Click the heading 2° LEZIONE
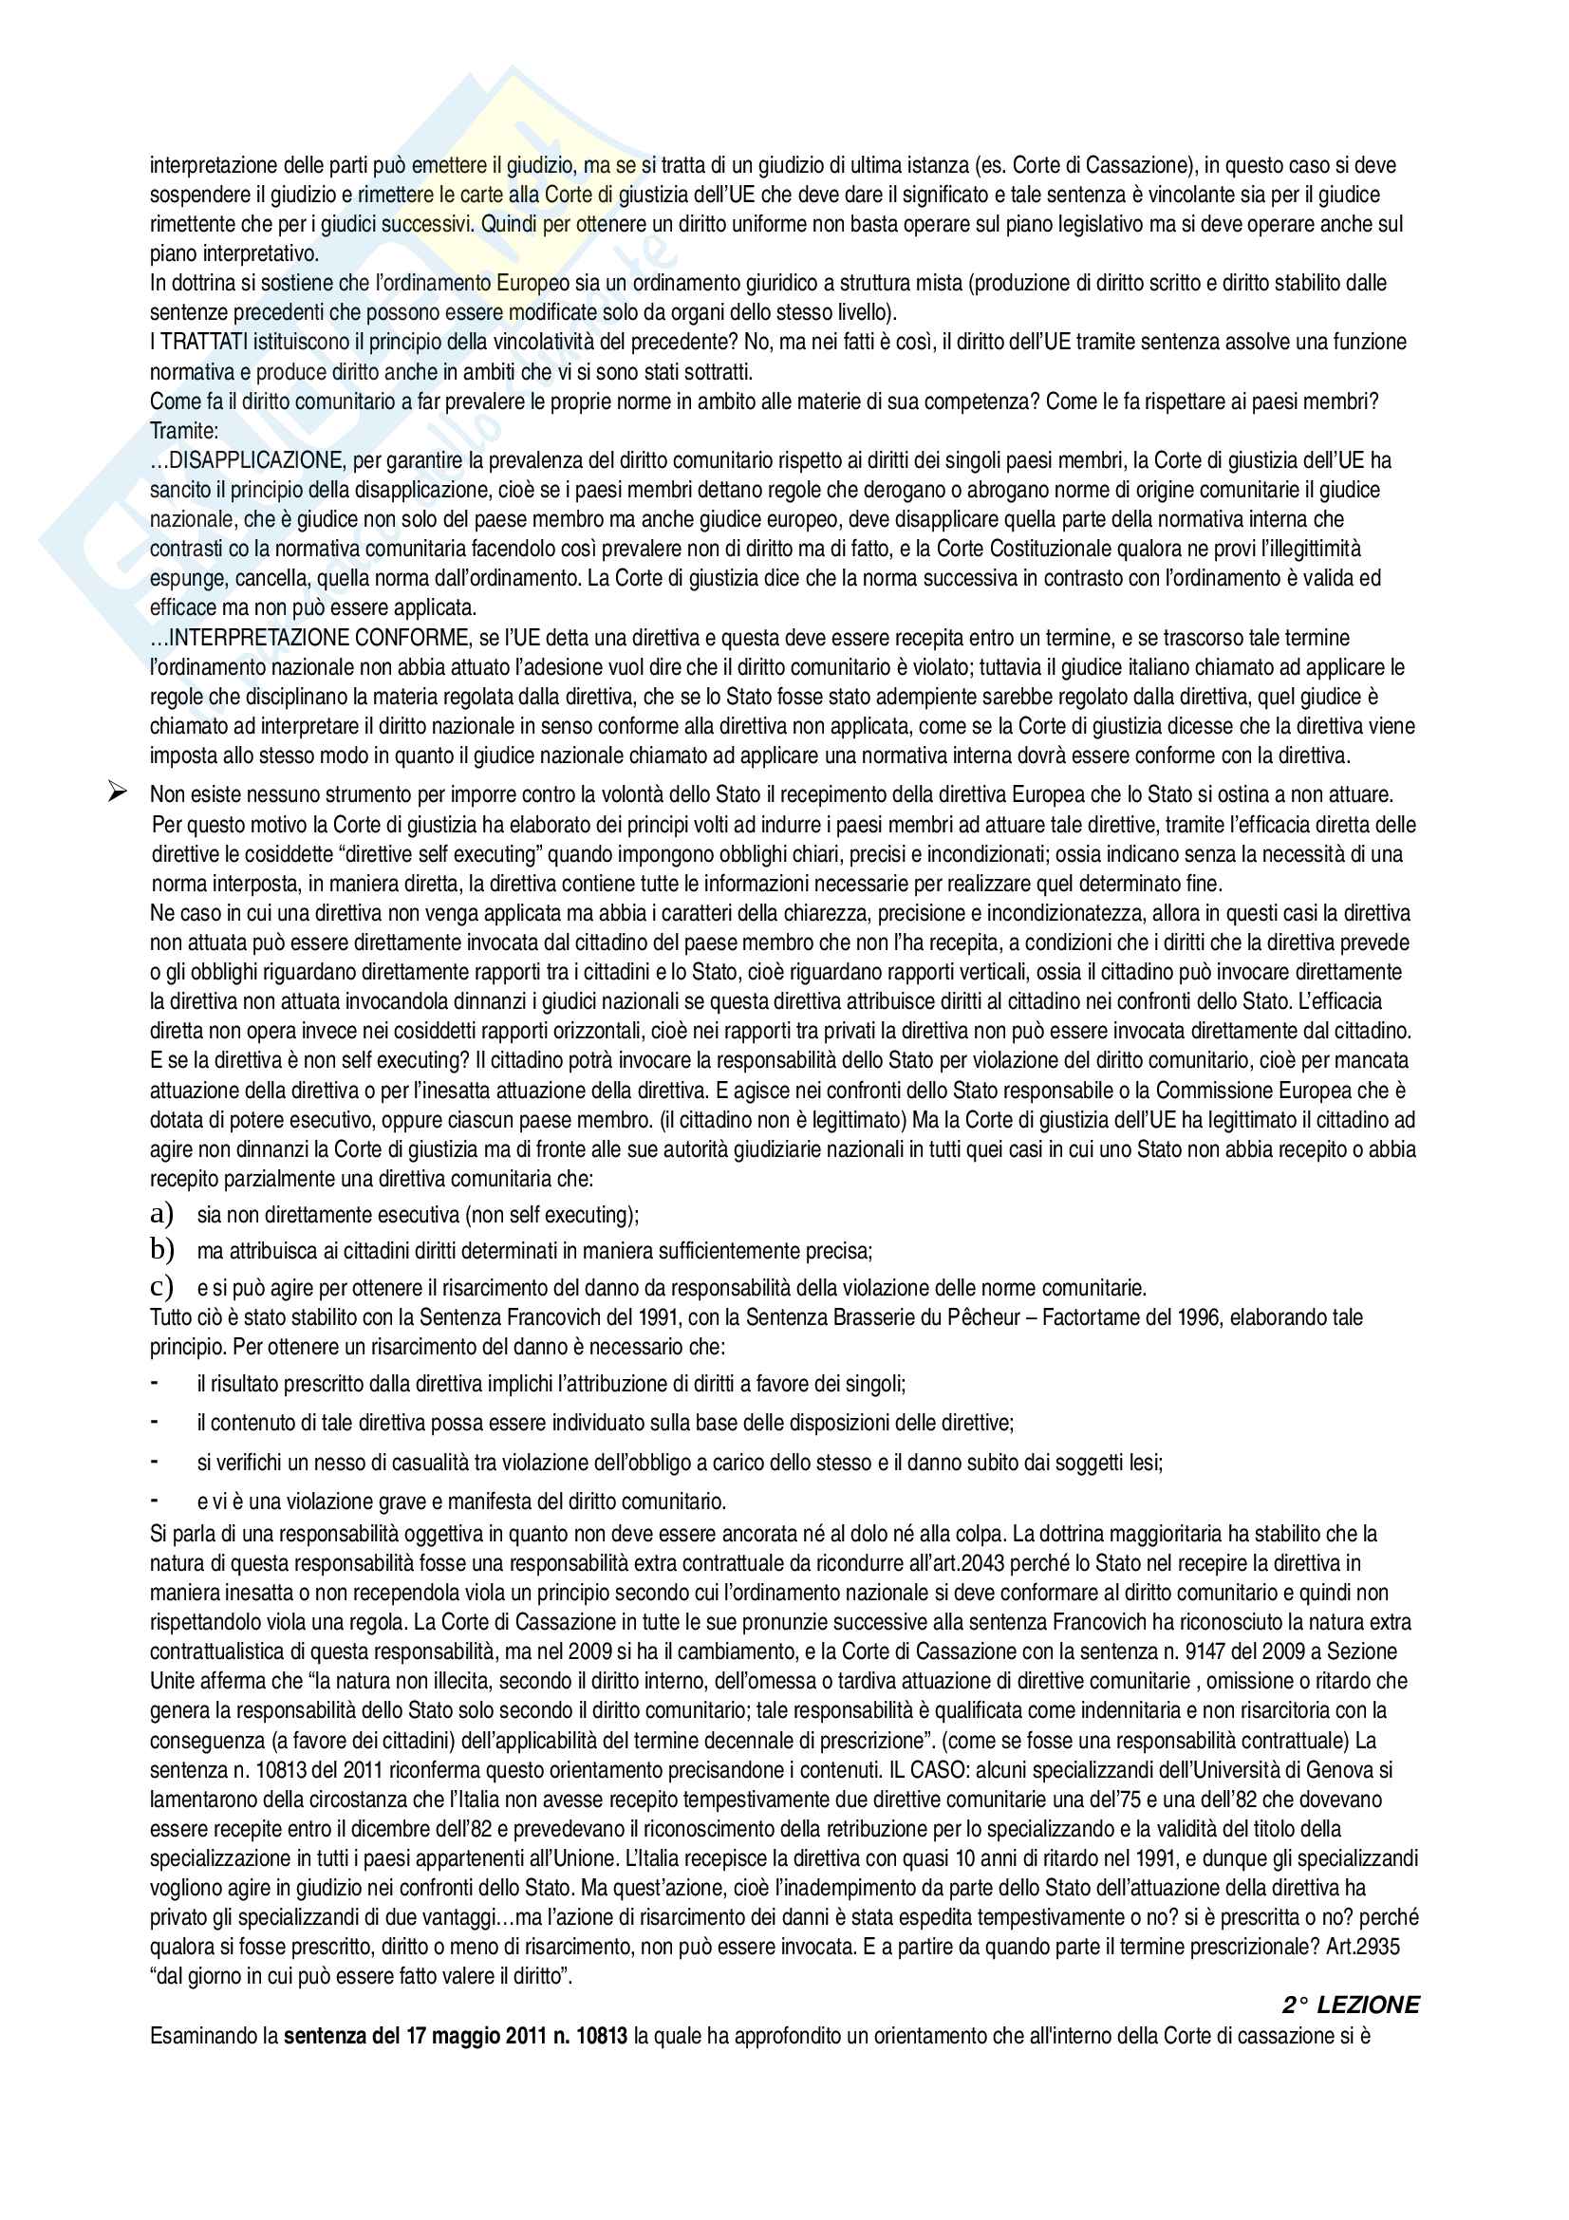(1351, 2005)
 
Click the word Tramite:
(184, 430)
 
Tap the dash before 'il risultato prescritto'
(155, 1384)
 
